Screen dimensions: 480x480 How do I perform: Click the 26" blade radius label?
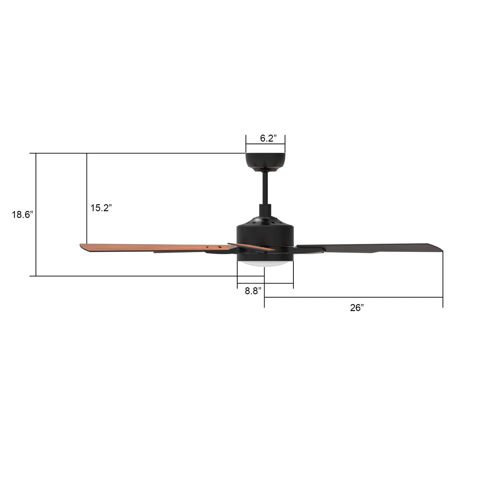coord(357,308)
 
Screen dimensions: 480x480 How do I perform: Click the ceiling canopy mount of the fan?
coord(265,161)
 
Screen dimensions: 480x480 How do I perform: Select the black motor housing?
coord(265,235)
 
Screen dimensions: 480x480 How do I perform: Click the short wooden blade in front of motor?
coord(251,247)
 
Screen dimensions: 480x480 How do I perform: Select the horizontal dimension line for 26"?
coord(353,297)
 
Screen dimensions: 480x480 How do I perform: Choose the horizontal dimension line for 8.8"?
coord(265,284)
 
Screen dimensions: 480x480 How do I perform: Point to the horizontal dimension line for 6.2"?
coord(265,145)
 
